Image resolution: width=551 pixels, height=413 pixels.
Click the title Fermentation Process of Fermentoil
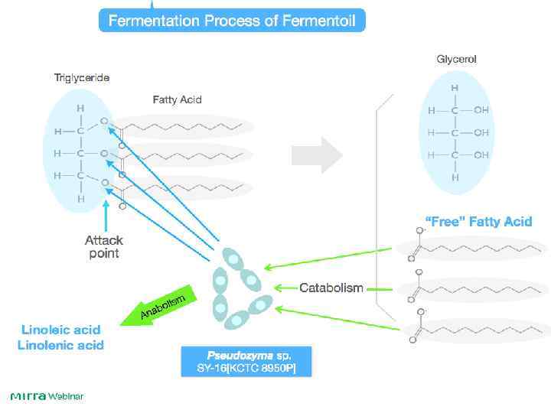click(x=233, y=21)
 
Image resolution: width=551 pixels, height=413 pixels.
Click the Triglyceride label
click(x=81, y=77)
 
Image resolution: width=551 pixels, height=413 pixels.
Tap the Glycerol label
click(x=456, y=59)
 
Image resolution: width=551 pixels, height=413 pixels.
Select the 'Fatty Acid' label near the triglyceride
click(x=177, y=99)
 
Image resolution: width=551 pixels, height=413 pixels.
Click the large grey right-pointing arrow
click(x=331, y=154)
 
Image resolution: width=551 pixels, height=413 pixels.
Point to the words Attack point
click(x=103, y=246)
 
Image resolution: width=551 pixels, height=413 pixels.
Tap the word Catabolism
click(x=331, y=288)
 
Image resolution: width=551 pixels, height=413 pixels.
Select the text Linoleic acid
click(x=60, y=330)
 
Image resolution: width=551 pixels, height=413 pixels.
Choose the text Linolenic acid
click(x=60, y=345)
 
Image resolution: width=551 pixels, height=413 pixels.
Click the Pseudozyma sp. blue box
click(x=248, y=362)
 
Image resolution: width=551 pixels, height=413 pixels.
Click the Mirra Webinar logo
click(x=47, y=396)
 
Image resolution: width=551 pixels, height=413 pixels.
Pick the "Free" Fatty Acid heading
click(x=478, y=222)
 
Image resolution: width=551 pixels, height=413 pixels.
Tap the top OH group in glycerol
click(x=481, y=110)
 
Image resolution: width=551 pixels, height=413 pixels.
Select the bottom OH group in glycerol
click(x=481, y=154)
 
